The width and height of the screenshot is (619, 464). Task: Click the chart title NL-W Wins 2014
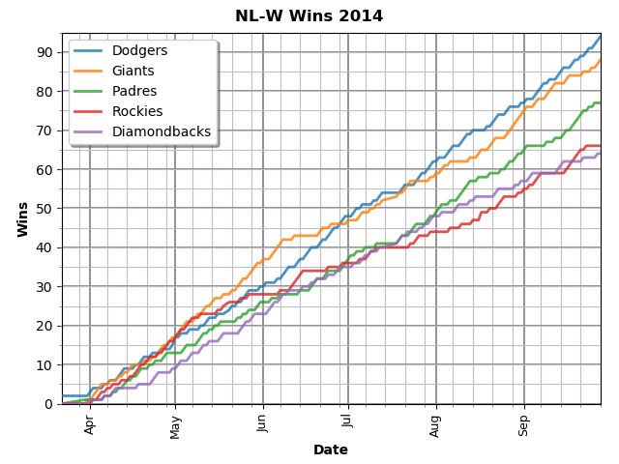coord(309,16)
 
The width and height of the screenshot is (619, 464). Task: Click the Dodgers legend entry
coord(139,50)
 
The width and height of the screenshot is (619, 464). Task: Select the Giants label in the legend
coord(133,71)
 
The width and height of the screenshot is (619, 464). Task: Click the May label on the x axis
coord(176,426)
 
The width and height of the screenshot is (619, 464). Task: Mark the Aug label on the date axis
coord(435,425)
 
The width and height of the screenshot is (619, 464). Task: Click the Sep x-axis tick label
coord(524,425)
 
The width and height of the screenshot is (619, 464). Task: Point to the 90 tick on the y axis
coord(45,51)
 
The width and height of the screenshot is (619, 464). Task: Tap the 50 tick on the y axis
coord(45,208)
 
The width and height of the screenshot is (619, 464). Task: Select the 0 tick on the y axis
coord(49,403)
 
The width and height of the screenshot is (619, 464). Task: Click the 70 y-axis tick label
coord(45,130)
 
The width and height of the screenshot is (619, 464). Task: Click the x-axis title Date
coord(331,449)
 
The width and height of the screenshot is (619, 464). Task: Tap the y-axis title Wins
coord(22,218)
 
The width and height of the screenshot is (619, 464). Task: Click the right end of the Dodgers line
coord(601,37)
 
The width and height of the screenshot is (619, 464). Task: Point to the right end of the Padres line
coord(601,102)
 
